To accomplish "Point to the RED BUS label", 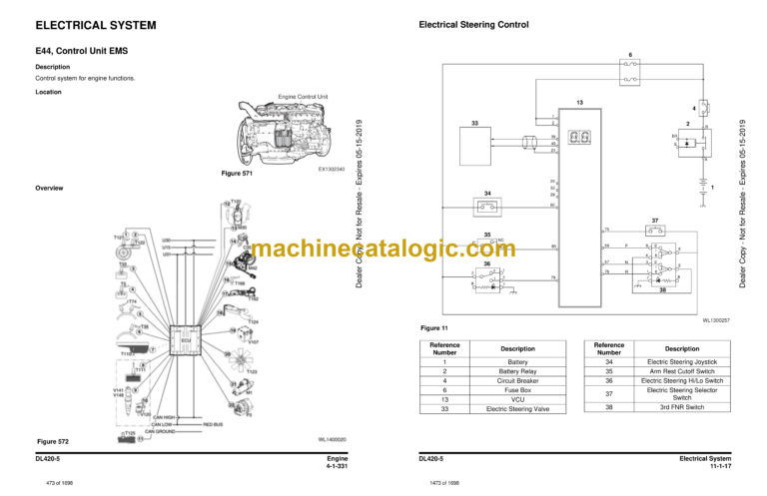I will [x=213, y=424].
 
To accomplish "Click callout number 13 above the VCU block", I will [x=578, y=102].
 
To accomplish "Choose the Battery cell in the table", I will [x=517, y=361].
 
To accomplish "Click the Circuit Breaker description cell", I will [x=517, y=380].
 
